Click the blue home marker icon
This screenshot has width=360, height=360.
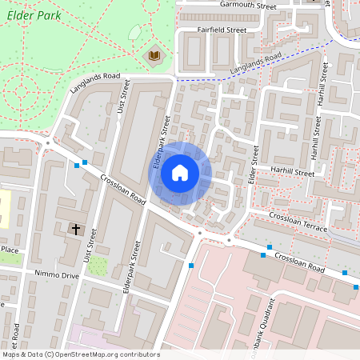(x=180, y=173)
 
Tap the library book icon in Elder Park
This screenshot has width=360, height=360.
(x=153, y=55)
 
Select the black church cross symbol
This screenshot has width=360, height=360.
(x=77, y=230)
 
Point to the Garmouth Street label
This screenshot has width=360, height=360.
(x=248, y=6)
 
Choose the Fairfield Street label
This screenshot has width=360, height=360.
(x=222, y=30)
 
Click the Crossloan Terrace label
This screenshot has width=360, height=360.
(x=298, y=222)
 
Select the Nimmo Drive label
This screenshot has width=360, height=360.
(x=58, y=275)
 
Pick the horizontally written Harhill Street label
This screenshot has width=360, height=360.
(x=292, y=171)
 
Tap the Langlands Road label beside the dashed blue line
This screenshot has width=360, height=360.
(x=256, y=66)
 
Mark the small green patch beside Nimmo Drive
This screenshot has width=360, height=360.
(x=97, y=265)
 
